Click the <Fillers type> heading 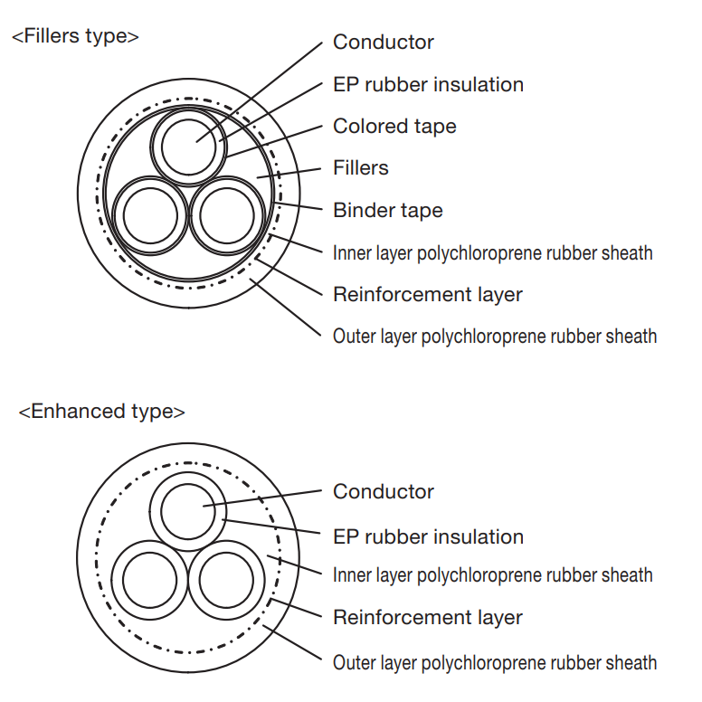75,36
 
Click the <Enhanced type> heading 101,412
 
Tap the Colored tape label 394,127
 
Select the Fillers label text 360,168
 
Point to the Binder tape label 388,211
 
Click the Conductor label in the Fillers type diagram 384,43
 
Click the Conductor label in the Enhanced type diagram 384,491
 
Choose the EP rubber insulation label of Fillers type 428,85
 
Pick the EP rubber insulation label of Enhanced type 428,536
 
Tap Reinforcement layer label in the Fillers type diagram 428,295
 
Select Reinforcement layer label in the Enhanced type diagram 428,617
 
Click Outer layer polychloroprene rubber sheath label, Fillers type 495,337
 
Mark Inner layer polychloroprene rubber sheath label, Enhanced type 492,575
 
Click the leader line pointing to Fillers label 289,174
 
